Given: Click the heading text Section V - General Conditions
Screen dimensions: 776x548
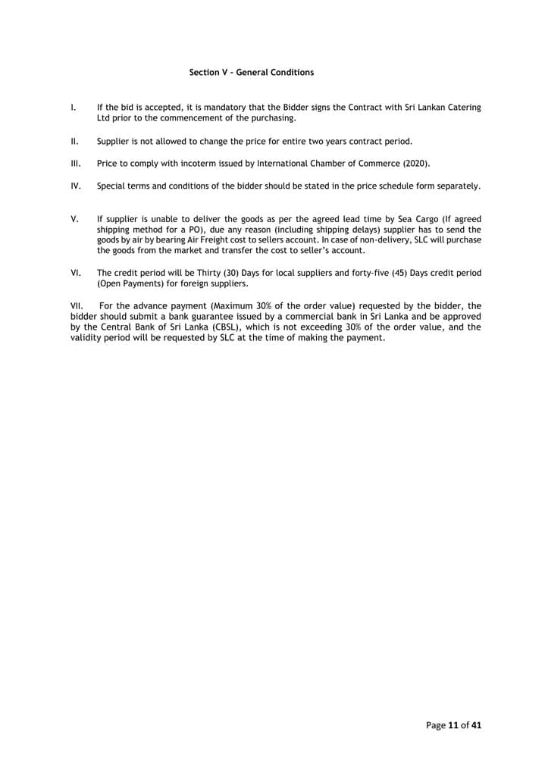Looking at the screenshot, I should point(251,73).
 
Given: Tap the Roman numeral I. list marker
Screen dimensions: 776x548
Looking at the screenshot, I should point(72,108).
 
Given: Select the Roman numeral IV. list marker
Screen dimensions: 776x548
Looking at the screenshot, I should point(75,185).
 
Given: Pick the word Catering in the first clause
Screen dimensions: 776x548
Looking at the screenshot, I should point(462,108).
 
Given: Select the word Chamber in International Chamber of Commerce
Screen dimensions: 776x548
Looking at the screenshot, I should point(332,163).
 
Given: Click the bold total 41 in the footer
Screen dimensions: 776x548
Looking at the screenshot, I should point(476,725).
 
